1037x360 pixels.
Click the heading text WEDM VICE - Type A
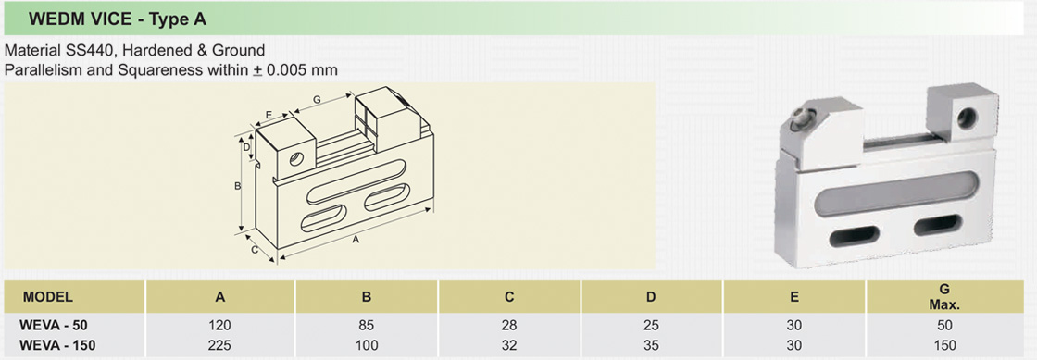pos(118,19)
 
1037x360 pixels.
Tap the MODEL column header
pos(47,297)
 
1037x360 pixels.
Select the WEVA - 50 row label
pos(54,326)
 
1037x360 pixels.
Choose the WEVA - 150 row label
pos(57,345)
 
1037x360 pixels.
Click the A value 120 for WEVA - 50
pos(221,326)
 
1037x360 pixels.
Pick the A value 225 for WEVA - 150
pos(221,345)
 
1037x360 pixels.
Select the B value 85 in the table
pos(367,326)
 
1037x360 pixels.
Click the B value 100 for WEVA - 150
pos(367,345)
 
